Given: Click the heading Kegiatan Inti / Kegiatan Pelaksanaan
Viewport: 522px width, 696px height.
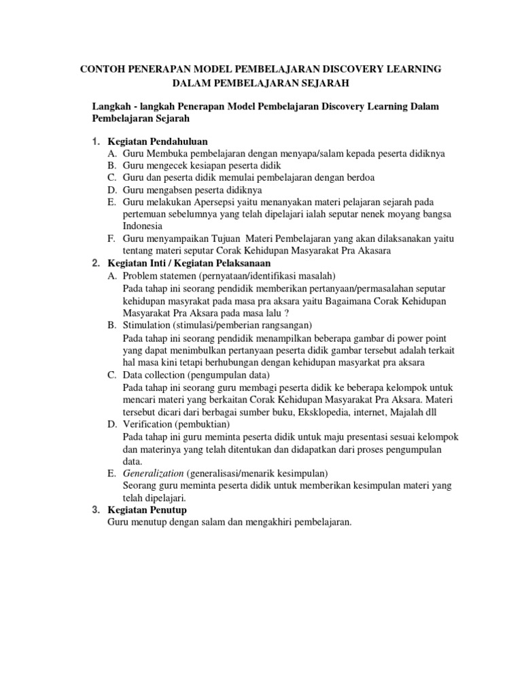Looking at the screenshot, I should (190, 263).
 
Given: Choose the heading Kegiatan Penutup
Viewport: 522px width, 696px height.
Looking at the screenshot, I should (142, 510).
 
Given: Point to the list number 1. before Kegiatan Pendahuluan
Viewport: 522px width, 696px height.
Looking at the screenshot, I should (97, 141).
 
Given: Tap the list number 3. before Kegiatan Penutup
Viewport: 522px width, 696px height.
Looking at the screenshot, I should (97, 510).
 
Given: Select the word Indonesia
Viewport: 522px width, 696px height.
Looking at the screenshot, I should (143, 226).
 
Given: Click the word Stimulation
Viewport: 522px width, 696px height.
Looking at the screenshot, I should (147, 325).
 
